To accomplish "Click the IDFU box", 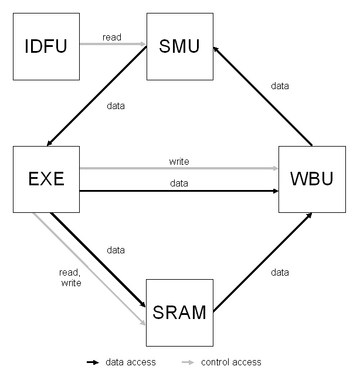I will pyautogui.click(x=46, y=47).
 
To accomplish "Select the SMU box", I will pyautogui.click(x=179, y=47).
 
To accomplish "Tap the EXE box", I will pyautogui.click(x=46, y=179).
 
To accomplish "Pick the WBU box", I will pyautogui.click(x=311, y=179).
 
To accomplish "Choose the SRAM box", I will pyautogui.click(x=179, y=312).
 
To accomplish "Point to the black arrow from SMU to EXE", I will pyautogui.click(x=97, y=96).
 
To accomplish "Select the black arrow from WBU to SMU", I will pyautogui.click(x=262, y=96).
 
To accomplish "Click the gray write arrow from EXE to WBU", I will pyautogui.click(x=179, y=169).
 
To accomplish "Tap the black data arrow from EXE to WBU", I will pyautogui.click(x=179, y=191).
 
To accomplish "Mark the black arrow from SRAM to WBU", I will pyautogui.click(x=262, y=262).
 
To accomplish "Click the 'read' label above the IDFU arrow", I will pyautogui.click(x=112, y=37).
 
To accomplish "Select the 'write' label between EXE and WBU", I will pyautogui.click(x=179, y=161).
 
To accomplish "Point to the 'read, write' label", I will pyautogui.click(x=70, y=277).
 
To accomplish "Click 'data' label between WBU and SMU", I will pyautogui.click(x=280, y=86).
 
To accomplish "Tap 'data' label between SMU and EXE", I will pyautogui.click(x=116, y=106).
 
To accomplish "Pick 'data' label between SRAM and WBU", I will pyautogui.click(x=280, y=272).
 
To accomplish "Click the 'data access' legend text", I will pyautogui.click(x=131, y=362).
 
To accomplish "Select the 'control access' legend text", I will pyautogui.click(x=231, y=362).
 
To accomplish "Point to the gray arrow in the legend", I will pyautogui.click(x=188, y=362).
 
